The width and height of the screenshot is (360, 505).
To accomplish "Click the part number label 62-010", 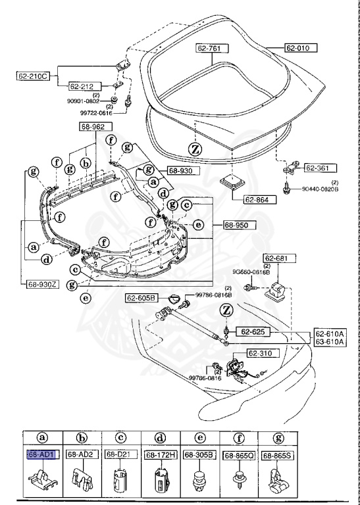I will pos(301,48).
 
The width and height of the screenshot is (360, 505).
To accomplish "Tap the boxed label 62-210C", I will pos(32,76).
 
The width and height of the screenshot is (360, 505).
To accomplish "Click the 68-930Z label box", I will pos(43,284).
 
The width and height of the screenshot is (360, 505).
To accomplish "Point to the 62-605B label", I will pos(141,299).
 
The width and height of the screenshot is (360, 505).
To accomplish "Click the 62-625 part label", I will pos(251,331).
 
